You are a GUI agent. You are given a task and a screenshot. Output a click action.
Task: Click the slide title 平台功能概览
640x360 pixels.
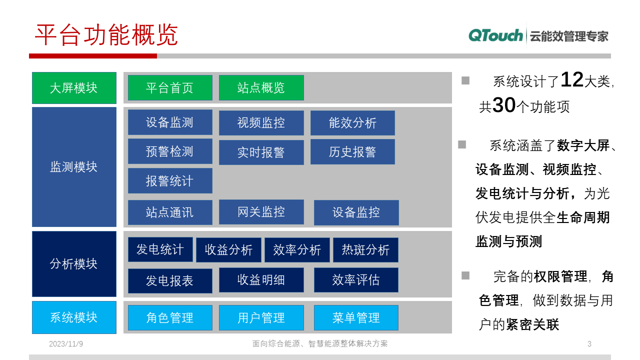[x=106, y=35]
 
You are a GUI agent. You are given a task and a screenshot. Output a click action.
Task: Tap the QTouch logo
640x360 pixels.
[x=495, y=35]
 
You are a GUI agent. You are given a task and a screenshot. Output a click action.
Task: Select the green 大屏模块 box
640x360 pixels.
[x=74, y=88]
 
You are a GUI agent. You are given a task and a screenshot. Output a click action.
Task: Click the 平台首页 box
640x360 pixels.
[x=170, y=88]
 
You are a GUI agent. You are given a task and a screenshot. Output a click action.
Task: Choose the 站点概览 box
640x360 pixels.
[x=261, y=88]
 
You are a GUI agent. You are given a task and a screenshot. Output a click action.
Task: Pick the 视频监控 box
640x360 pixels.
[x=261, y=123]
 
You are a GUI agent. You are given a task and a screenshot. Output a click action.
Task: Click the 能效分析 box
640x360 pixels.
[x=352, y=123]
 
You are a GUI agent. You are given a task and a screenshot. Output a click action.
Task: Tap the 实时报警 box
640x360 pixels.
[x=261, y=152]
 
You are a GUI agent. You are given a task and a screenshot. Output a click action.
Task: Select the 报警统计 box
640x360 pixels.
[x=170, y=180]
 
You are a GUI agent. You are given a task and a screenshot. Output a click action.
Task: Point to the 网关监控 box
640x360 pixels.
[x=261, y=212]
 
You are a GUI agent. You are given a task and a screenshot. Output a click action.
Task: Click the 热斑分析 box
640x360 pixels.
[x=365, y=250]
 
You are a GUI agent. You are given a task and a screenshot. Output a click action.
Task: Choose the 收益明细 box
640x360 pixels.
[x=261, y=280]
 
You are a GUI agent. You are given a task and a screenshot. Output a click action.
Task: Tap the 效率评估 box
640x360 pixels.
[x=356, y=280]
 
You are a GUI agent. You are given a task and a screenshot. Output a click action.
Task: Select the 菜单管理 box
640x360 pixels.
[x=356, y=317]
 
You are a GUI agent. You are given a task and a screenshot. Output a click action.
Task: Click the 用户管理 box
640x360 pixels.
[x=261, y=317]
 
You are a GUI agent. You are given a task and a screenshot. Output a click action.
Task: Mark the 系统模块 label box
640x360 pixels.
[x=74, y=317]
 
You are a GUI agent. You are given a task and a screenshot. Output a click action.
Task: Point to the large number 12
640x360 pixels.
[x=572, y=80]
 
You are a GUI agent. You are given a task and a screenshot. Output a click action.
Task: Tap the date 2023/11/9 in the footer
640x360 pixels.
[x=66, y=344]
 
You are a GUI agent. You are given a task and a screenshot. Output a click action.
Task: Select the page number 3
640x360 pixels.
[x=589, y=344]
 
